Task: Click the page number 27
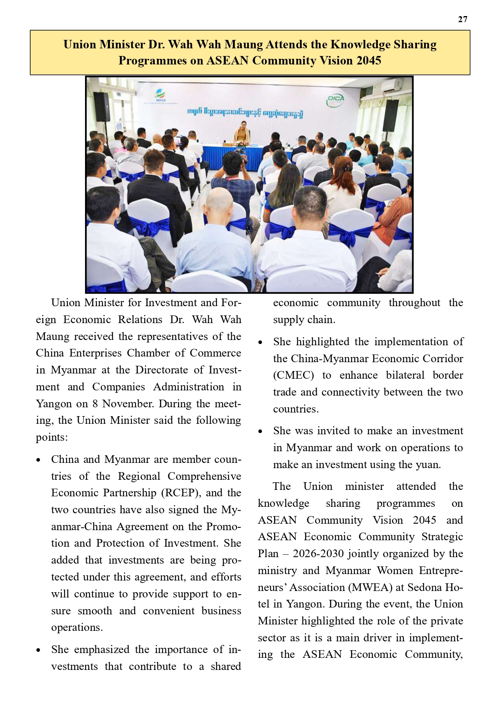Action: pos(463,19)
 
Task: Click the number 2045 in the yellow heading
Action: pos(366,60)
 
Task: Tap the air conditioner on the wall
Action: pos(391,85)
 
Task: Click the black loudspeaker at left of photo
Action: pos(102,106)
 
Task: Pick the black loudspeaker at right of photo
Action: pos(390,116)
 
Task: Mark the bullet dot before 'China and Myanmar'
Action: pos(38,460)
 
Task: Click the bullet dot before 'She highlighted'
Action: pos(260,342)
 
